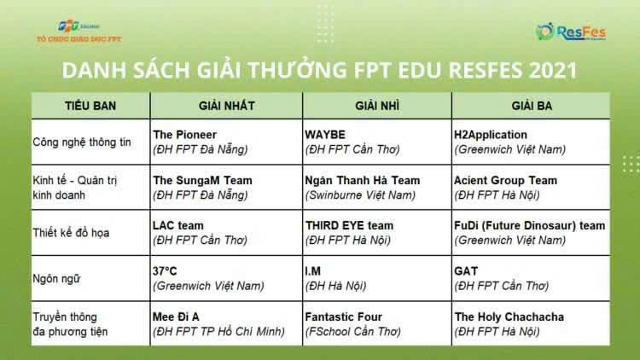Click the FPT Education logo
tap(79, 32)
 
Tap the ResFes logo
tap(571, 32)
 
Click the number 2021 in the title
tap(553, 70)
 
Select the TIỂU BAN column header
tap(90, 106)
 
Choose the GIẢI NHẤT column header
tap(226, 106)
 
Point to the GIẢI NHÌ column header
tap(377, 106)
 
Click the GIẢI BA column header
tap(532, 106)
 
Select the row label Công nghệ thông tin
tap(82, 142)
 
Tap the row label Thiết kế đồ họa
tap(71, 233)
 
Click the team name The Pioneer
tap(184, 135)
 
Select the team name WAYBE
tap(325, 135)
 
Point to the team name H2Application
tap(491, 135)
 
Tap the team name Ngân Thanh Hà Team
tap(363, 180)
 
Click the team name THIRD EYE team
tap(349, 225)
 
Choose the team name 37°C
tap(165, 271)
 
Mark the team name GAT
tap(466, 271)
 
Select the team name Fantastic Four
tap(343, 316)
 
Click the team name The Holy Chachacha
tap(509, 316)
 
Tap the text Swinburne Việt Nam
tap(360, 195)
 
